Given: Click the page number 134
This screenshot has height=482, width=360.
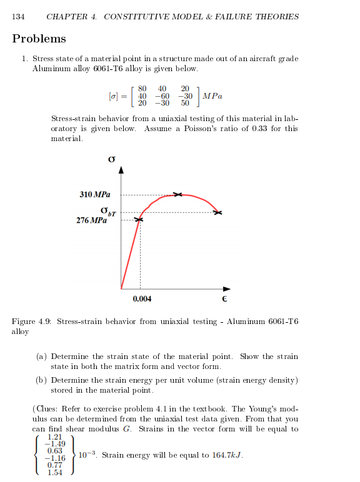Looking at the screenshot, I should (x=19, y=17).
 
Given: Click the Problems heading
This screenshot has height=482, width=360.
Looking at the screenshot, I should (x=39, y=39).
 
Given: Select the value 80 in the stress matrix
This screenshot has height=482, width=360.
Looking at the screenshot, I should (x=142, y=88).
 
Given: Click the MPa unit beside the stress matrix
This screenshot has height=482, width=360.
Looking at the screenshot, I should (x=212, y=96).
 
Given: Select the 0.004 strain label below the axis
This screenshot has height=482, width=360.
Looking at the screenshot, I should (x=142, y=299).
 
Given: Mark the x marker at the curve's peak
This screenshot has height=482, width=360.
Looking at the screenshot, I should (x=177, y=195).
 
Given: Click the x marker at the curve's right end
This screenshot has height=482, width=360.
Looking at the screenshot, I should (x=217, y=213).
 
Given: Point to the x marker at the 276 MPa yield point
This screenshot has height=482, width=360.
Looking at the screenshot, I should (x=140, y=220).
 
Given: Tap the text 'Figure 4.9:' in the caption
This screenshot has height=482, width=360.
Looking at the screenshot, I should (x=31, y=322).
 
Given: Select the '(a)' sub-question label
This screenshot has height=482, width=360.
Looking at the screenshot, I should (x=42, y=357).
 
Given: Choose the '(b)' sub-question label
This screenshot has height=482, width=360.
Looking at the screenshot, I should (x=42, y=380).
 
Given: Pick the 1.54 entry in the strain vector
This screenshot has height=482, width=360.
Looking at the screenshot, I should (x=55, y=473).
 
